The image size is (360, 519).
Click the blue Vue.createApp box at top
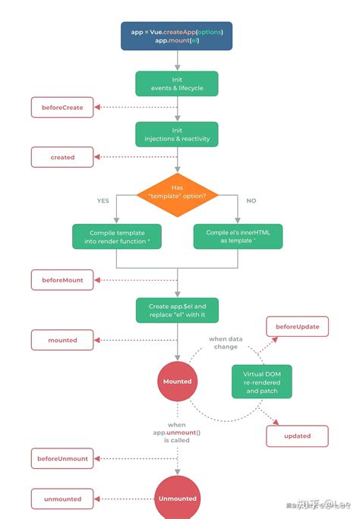(x=176, y=36)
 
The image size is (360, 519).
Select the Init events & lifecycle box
(x=176, y=83)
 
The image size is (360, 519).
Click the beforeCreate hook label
(x=62, y=108)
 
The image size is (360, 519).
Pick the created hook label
(x=62, y=157)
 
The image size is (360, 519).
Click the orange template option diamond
(x=177, y=192)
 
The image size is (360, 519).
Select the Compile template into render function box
(x=115, y=236)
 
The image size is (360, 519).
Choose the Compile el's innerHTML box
(x=238, y=236)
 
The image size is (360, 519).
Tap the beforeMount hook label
(x=62, y=280)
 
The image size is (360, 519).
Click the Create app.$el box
(x=176, y=310)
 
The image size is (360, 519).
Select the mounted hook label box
(x=62, y=340)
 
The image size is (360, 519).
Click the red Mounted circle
(x=176, y=380)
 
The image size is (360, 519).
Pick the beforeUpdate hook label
(x=297, y=327)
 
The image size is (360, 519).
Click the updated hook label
(x=297, y=436)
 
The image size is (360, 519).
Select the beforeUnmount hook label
(x=62, y=458)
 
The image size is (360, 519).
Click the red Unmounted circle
(x=176, y=498)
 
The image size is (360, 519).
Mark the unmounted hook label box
(x=62, y=499)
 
